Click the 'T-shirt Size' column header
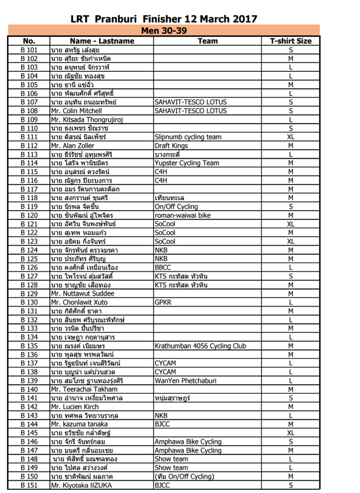pos(290,41)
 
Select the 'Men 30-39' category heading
pos(164,30)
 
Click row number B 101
pos(29,50)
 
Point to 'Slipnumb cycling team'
pos(188,137)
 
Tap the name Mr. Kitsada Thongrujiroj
pos(86,120)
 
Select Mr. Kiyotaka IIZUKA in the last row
pos(81,485)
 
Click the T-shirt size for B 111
pos(290,137)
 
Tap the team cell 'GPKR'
pos(163,302)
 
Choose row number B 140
pos(29,390)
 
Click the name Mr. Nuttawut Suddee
pos(82,294)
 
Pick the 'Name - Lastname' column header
pos(101,41)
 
